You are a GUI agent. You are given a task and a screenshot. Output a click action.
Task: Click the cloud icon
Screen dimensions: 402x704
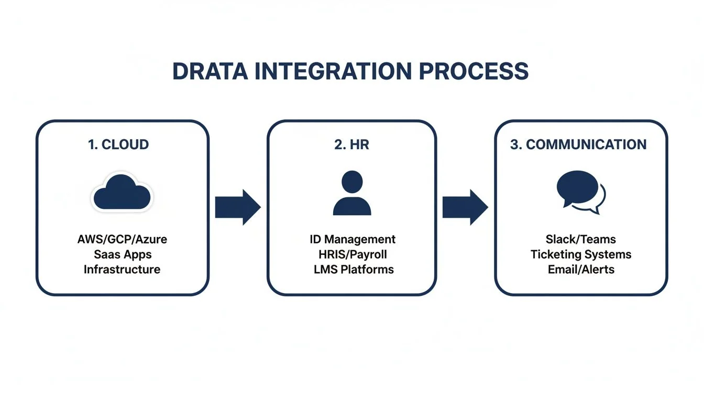(122, 192)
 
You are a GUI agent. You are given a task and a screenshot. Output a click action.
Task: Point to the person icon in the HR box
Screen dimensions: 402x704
(351, 193)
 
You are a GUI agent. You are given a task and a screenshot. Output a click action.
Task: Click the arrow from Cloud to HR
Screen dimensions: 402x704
(237, 208)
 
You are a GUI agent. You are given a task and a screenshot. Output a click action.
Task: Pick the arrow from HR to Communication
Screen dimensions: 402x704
(465, 208)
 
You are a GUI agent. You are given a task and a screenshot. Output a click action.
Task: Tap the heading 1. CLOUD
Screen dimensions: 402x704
(118, 145)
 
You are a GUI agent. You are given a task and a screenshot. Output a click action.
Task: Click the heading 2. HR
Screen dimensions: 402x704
(351, 145)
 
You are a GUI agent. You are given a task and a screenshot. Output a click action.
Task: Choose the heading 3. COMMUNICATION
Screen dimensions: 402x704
(578, 145)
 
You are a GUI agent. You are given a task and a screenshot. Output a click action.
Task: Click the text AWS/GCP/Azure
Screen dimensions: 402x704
(122, 240)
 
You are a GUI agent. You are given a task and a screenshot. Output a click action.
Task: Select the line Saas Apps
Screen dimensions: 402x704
(122, 254)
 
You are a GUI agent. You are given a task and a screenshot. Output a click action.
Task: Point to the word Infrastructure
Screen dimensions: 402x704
(122, 270)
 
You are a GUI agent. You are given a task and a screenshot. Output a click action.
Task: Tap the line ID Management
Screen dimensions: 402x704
(352, 240)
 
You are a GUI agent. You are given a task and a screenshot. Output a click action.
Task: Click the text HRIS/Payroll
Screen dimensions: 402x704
(352, 254)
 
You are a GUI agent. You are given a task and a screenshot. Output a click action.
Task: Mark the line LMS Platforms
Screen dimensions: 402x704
(352, 270)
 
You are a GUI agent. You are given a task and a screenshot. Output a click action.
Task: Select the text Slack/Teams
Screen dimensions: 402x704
(581, 240)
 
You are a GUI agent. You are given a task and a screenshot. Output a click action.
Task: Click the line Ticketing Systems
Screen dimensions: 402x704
(581, 254)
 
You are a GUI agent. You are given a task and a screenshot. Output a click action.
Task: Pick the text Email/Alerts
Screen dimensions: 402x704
(581, 270)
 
